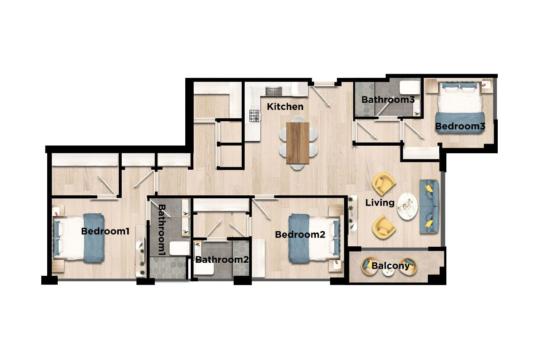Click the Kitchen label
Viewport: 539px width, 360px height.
285,107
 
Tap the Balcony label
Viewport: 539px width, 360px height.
390,266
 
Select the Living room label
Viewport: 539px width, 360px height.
380,203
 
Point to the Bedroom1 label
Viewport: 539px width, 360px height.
105,231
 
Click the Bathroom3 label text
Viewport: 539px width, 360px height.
388,100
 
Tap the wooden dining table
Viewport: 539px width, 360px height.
298,143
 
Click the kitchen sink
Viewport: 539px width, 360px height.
274,91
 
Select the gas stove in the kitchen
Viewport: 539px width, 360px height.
254,116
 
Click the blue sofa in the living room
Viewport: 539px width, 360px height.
429,206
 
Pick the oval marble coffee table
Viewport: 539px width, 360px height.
407,206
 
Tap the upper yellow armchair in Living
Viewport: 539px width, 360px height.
383,184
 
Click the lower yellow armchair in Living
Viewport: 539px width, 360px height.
383,227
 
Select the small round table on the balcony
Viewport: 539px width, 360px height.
388,272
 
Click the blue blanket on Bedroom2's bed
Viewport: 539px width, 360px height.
299,238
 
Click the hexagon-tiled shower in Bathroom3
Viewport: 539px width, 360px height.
365,99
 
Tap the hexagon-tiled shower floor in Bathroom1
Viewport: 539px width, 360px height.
168,268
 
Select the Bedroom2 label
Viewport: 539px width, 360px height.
300,235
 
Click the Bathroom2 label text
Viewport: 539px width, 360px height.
222,260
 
